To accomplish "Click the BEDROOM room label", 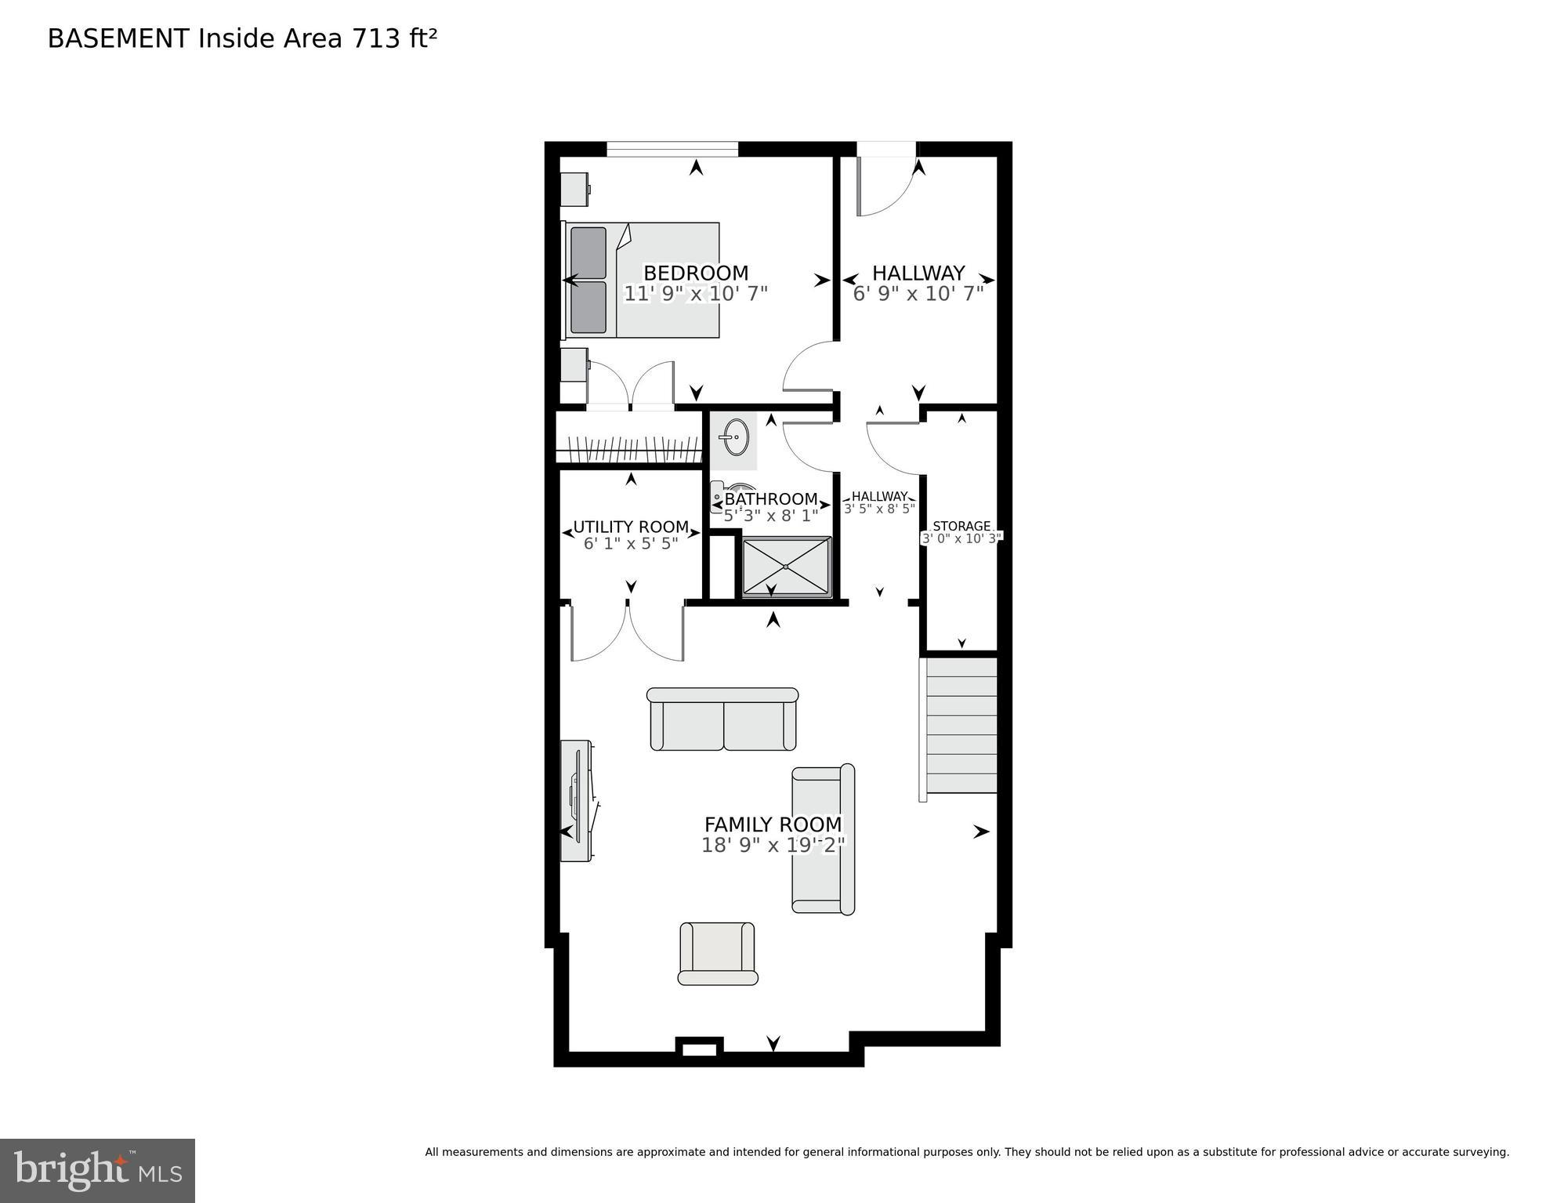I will (x=695, y=273).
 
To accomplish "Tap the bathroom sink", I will (x=734, y=437).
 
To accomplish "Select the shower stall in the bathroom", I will (x=786, y=566).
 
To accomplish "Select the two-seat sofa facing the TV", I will (x=722, y=719).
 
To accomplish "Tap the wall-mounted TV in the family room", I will (x=577, y=799).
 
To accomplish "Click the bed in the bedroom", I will (x=641, y=280).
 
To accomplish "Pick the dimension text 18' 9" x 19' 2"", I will (x=773, y=846).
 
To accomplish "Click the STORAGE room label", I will (x=961, y=526).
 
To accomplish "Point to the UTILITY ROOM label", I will (x=631, y=527).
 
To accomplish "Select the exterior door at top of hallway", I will (x=885, y=149).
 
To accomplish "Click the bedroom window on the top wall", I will (x=672, y=149).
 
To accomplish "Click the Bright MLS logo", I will (x=97, y=1170).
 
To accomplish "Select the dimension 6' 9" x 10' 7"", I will (x=918, y=294).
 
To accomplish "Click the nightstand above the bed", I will (x=574, y=189).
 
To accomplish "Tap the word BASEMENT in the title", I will (x=118, y=38).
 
